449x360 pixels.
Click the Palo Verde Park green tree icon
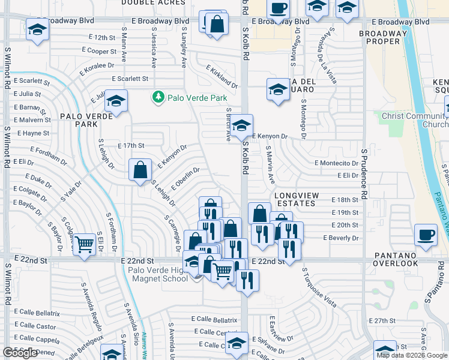coord(158,97)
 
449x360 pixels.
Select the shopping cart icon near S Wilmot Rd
coord(85,244)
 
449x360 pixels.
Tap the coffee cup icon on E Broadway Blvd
coord(278,8)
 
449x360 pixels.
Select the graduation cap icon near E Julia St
coord(116,101)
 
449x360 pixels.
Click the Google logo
coord(20,353)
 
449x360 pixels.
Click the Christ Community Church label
coord(414,120)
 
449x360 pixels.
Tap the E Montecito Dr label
coord(336,163)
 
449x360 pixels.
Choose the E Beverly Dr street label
coord(340,238)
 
